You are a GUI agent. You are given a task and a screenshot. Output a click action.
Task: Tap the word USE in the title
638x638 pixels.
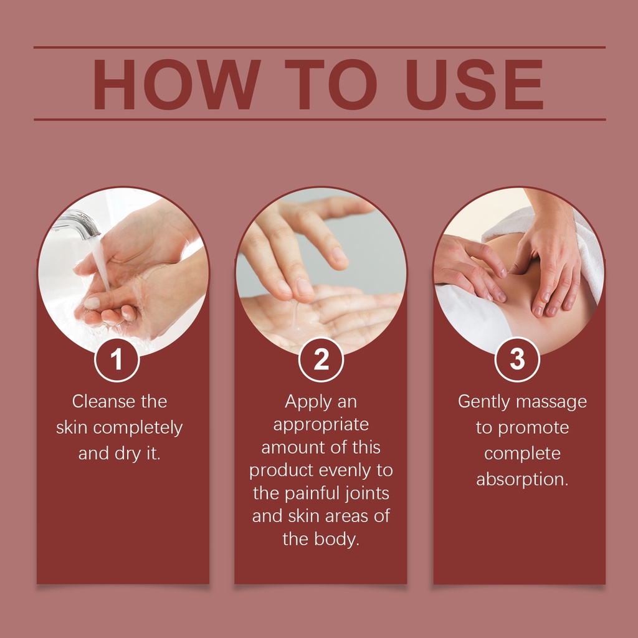click(x=475, y=84)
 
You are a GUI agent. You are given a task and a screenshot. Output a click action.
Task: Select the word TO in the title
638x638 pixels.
click(x=330, y=84)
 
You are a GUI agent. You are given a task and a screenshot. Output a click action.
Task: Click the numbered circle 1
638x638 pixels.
click(x=117, y=359)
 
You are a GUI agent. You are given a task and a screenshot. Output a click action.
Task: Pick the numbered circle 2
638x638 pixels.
click(x=321, y=359)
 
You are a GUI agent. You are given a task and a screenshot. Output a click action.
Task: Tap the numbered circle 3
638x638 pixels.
click(x=517, y=359)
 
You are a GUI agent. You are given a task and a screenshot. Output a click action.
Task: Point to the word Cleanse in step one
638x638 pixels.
click(x=103, y=402)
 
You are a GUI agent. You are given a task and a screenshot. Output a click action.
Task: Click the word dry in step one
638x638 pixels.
click(x=127, y=454)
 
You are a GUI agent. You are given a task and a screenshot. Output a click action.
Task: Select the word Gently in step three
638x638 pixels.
click(x=483, y=402)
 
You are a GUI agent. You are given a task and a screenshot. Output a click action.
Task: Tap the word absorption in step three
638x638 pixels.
click(x=522, y=480)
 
